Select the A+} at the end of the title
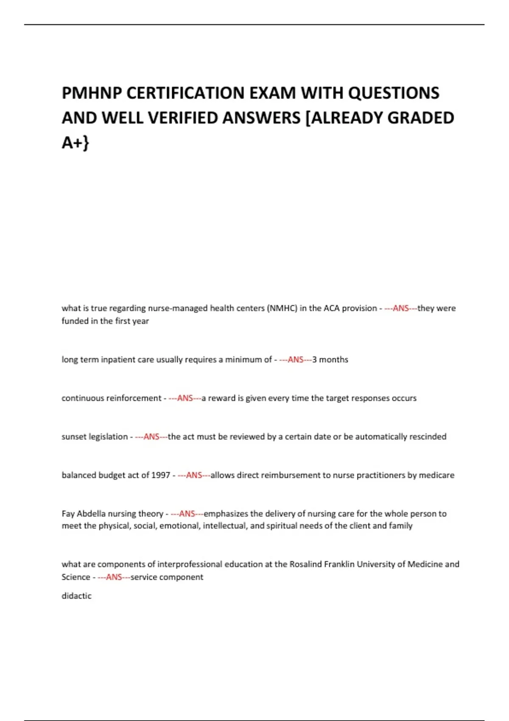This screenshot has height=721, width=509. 75,143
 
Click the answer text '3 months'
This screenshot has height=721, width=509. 330,360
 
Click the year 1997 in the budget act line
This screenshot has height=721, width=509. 161,475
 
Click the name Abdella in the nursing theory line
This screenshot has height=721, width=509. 91,514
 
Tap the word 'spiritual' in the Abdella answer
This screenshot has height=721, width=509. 282,526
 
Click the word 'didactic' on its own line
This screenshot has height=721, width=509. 76,596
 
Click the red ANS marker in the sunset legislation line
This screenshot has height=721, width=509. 151,437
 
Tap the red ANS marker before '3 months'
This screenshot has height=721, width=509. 296,360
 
